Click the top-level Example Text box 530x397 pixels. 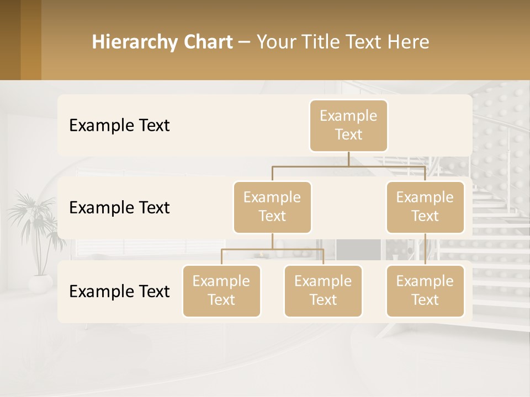point(348,125)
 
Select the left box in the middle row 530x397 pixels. point(272,207)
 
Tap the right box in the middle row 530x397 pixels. point(425,207)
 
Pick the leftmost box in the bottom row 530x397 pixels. point(221,291)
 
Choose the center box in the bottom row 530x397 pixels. point(323,291)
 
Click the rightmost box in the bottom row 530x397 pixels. point(425,291)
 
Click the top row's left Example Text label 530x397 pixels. point(119,126)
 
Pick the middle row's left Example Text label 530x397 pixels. point(119,208)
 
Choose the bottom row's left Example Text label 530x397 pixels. point(119,292)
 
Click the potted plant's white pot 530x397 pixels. point(40,283)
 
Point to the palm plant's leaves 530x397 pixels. point(33,221)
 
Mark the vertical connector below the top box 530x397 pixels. point(348,159)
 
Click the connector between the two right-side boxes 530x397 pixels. point(425,249)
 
